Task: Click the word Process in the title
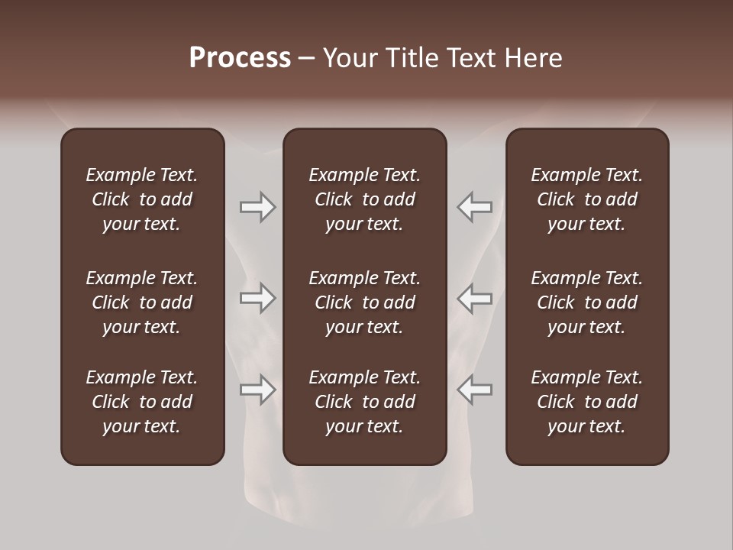240,58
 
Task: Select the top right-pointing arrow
257,207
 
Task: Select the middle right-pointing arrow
257,298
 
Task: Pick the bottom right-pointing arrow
257,390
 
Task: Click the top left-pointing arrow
474,207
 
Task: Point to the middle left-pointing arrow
474,298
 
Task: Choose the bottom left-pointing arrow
474,390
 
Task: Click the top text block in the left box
142,199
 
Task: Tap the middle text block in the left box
142,302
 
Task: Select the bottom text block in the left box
142,402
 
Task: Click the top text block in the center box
365,199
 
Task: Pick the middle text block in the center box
365,302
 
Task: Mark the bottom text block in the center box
365,402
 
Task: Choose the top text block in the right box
587,199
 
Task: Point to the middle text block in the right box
587,302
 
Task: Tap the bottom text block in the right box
587,402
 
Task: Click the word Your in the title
349,58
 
